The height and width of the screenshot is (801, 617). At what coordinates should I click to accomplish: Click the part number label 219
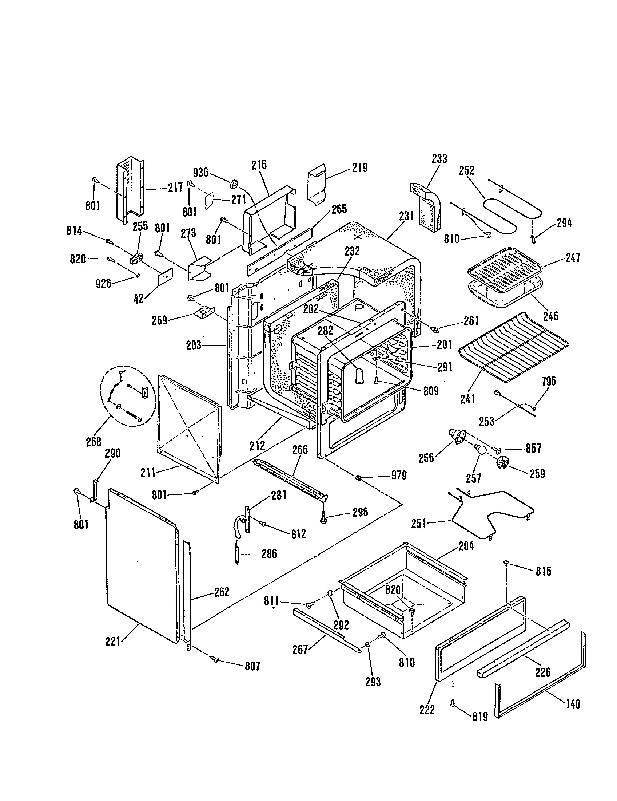359,168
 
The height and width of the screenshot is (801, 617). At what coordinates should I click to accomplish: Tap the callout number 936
200,172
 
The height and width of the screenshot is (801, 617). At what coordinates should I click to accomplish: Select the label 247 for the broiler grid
573,258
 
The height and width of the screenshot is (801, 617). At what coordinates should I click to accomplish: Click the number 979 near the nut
399,475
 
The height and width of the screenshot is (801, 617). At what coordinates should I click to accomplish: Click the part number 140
573,704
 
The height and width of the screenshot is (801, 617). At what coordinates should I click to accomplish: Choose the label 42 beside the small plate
139,299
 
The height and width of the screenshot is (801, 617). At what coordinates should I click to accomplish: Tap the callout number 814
74,231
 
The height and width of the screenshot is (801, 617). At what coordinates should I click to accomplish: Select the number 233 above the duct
439,159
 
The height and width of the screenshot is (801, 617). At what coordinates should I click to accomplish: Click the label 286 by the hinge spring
269,554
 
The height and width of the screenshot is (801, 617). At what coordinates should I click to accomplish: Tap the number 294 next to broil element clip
564,222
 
